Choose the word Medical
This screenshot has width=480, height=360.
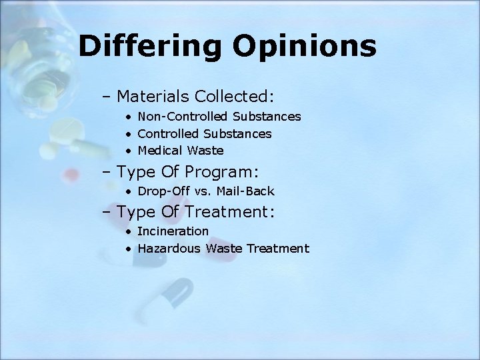pos(159,151)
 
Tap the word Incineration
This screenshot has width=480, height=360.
pos(173,231)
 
